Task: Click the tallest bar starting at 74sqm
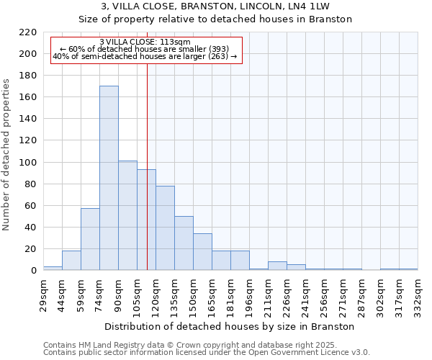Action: click(109, 178)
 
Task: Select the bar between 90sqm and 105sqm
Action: click(127, 215)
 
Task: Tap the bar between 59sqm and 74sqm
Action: click(90, 239)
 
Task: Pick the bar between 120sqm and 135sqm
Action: click(165, 228)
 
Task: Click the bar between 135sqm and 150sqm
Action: click(184, 243)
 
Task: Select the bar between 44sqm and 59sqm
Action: click(71, 260)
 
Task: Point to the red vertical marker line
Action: click(147, 180)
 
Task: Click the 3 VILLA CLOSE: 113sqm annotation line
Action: click(145, 42)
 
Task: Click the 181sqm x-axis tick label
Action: click(231, 294)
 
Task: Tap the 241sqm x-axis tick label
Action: click(306, 294)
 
